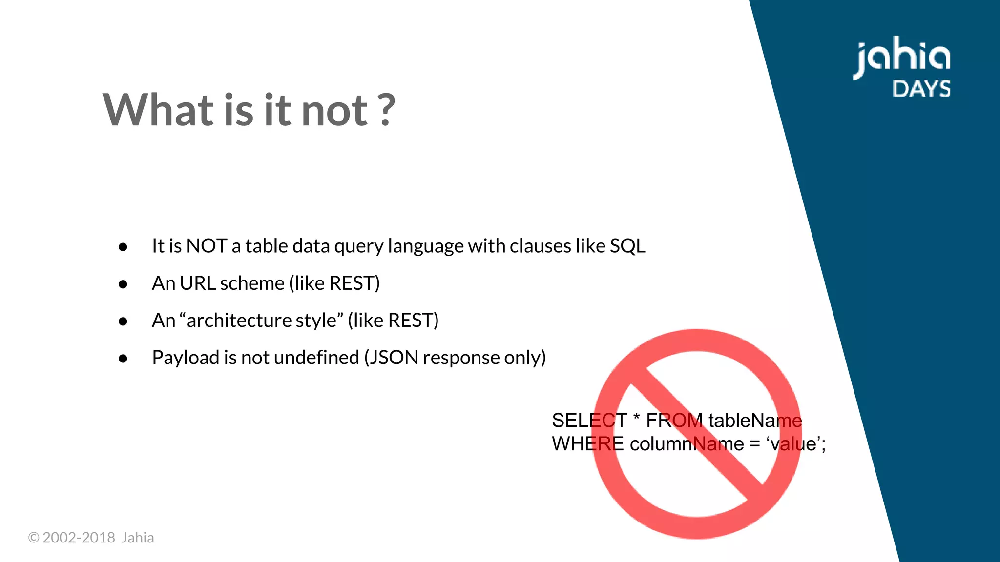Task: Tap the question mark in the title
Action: coord(386,110)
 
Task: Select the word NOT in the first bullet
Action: coord(207,246)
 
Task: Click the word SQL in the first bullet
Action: coord(627,246)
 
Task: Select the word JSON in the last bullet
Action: coord(394,358)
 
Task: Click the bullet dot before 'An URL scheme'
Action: coord(123,284)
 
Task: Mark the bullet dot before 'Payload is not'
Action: coord(123,359)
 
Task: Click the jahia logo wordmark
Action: coord(902,58)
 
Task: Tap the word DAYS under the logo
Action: coord(921,89)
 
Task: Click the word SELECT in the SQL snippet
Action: coord(589,421)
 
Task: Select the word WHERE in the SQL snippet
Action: coord(587,444)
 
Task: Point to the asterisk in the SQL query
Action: coord(636,418)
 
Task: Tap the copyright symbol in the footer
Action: coord(34,538)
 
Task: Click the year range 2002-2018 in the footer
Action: coord(79,538)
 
